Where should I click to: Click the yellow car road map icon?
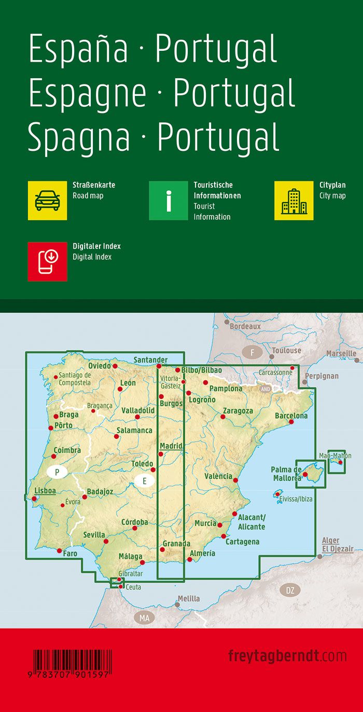(x=47, y=200)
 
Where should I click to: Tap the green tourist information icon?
(x=168, y=200)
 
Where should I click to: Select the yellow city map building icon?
(x=294, y=200)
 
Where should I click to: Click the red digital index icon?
(x=47, y=261)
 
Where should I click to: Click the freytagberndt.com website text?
(x=287, y=656)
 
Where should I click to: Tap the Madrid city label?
(x=171, y=446)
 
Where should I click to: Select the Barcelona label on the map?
(x=291, y=416)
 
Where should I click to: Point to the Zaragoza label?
(x=238, y=411)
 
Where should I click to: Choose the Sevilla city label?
(x=94, y=535)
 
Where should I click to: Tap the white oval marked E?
(x=145, y=481)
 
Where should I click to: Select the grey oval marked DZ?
(x=290, y=590)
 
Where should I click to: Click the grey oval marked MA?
(x=144, y=618)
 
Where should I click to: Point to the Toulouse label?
(x=286, y=351)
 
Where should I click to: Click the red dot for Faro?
(x=60, y=551)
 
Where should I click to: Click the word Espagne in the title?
(x=87, y=94)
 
